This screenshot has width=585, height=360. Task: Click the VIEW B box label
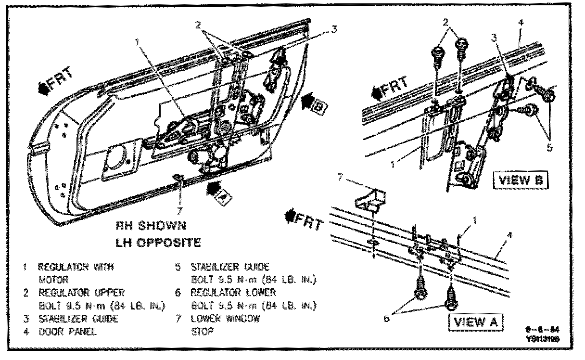pos(521,180)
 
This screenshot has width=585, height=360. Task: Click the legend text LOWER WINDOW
pos(225,318)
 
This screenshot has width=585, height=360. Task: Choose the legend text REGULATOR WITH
pos(76,266)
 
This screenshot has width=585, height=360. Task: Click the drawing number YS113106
pos(543,339)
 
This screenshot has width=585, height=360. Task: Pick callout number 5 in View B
pos(549,148)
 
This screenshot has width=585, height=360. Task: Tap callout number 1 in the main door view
pos(138,42)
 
